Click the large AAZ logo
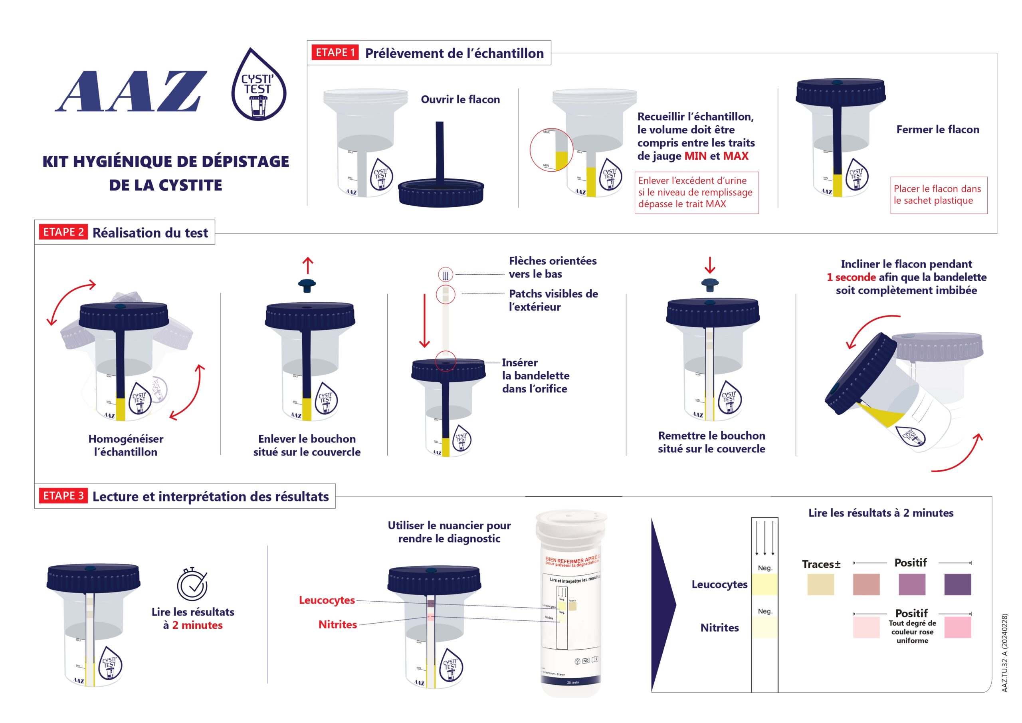pyautogui.click(x=131, y=91)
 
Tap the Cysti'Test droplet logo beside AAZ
pyautogui.click(x=259, y=85)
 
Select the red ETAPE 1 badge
pyautogui.click(x=335, y=53)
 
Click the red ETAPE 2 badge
pyautogui.click(x=63, y=232)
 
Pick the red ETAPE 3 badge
pyautogui.click(x=63, y=495)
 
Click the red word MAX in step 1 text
pyautogui.click(x=735, y=156)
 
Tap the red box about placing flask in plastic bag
pyautogui.click(x=938, y=195)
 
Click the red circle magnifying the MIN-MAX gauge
pyautogui.click(x=551, y=151)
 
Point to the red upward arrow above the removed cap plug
pyautogui.click(x=307, y=265)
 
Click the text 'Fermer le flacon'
pyautogui.click(x=937, y=130)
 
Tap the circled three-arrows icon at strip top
pyautogui.click(x=446, y=275)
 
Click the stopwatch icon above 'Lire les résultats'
pyautogui.click(x=192, y=584)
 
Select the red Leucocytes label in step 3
pyautogui.click(x=327, y=600)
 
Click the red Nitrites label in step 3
pyautogui.click(x=337, y=625)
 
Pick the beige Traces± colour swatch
pyautogui.click(x=820, y=584)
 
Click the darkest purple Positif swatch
pyautogui.click(x=957, y=584)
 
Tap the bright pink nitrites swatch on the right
pyautogui.click(x=957, y=627)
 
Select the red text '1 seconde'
pyautogui.click(x=851, y=277)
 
